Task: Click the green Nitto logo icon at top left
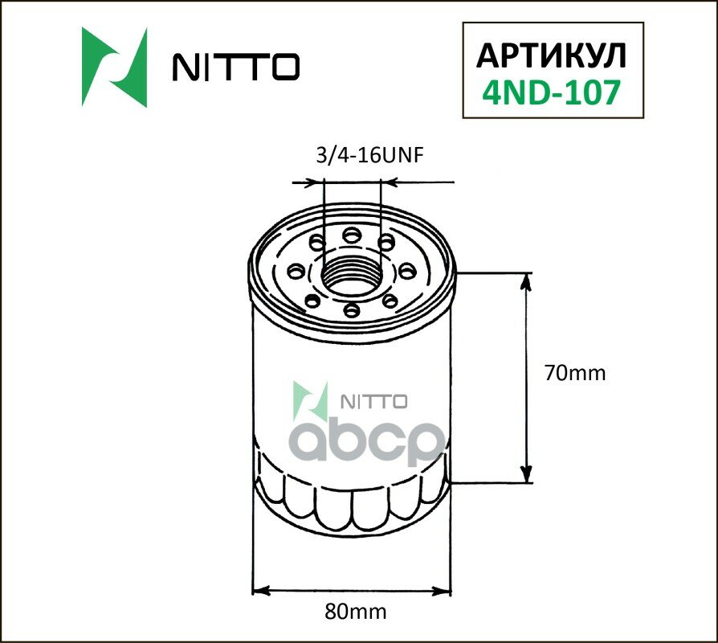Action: (x=114, y=68)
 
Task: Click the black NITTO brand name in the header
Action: (x=236, y=68)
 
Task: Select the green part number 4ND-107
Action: (x=551, y=93)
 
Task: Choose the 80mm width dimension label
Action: (x=354, y=611)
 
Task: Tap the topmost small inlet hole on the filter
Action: (x=351, y=235)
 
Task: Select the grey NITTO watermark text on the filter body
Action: (x=376, y=401)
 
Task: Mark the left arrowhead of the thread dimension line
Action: (x=316, y=183)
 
